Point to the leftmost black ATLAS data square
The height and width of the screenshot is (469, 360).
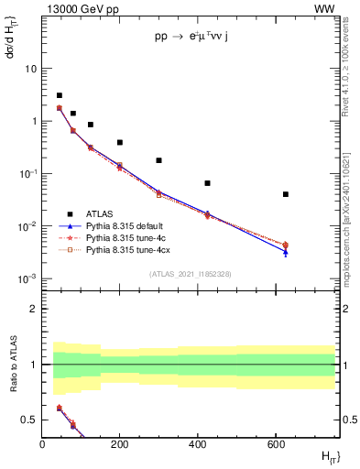(60, 95)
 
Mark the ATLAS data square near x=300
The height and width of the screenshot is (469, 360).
(158, 160)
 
